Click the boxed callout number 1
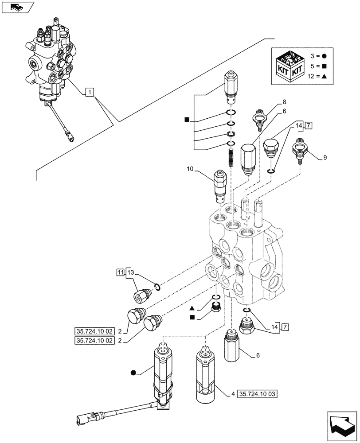click(x=90, y=92)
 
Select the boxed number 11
click(x=121, y=272)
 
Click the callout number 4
click(x=233, y=393)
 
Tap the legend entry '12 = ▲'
click(x=318, y=77)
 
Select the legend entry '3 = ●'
click(x=318, y=57)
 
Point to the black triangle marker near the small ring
click(x=191, y=307)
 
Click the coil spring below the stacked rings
click(x=231, y=158)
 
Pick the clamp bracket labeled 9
click(x=300, y=148)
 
